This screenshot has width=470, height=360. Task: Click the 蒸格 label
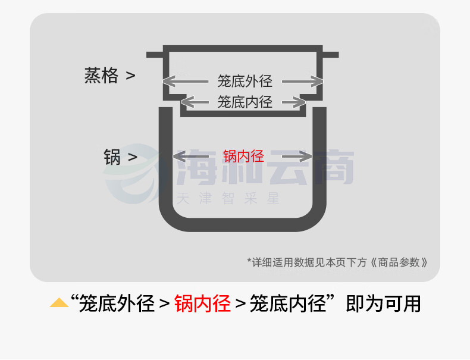[101, 75]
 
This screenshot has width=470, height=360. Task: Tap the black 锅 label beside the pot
[112, 156]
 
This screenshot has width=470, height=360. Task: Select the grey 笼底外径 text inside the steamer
[245, 82]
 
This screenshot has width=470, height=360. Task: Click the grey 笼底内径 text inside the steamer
[245, 102]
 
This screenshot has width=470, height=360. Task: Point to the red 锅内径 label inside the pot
[243, 156]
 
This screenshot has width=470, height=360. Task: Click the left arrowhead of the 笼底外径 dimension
[169, 82]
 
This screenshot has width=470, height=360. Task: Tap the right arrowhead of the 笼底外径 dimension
[317, 82]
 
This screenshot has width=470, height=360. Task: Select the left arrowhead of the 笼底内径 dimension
[187, 102]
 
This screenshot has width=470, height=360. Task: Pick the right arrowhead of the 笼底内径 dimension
[299, 102]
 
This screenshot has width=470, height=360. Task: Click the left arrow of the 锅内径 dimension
[191, 156]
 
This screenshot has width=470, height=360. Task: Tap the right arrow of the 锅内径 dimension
[297, 156]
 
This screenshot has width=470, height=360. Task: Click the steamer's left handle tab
[155, 55]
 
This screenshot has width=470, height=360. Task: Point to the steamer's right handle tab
[331, 55]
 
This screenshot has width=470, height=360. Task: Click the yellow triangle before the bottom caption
[59, 303]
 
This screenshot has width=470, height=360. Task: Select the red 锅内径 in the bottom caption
[202, 303]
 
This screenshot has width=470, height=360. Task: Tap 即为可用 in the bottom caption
[383, 303]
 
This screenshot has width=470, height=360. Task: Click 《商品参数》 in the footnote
[399, 262]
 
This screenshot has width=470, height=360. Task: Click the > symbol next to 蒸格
[130, 76]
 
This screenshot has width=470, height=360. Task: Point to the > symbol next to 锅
[133, 157]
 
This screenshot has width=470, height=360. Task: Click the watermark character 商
[334, 167]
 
